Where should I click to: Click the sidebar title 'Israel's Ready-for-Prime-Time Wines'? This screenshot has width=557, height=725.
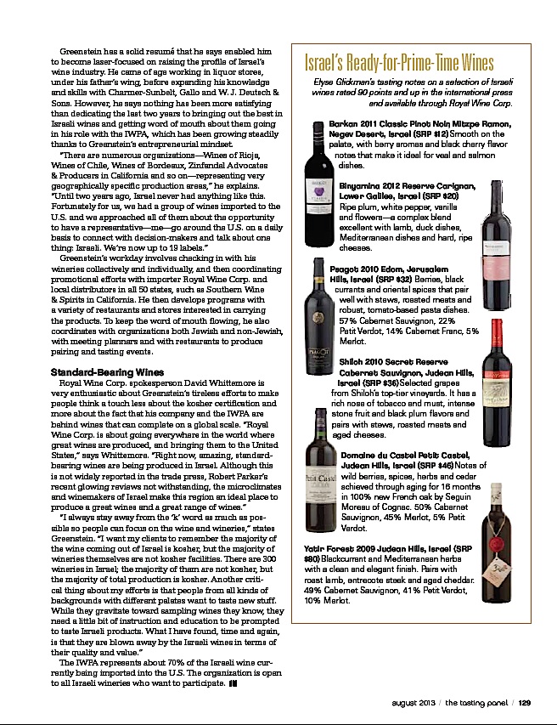399,65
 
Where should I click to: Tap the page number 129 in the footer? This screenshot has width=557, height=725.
525,702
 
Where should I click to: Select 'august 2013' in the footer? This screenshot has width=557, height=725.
415,702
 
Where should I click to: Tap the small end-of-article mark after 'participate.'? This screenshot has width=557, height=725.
233,661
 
